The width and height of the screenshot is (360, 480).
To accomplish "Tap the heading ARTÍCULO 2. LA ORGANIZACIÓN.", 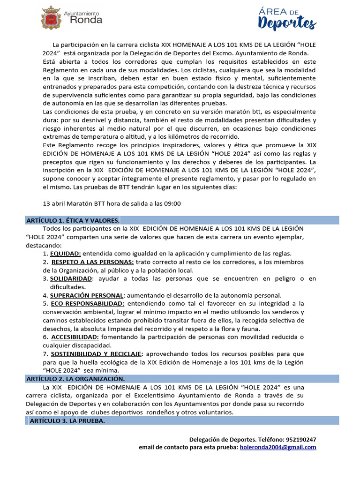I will pyautogui.click(x=75, y=379).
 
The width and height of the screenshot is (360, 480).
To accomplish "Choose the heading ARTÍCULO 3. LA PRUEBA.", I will pyautogui.click(x=67, y=421).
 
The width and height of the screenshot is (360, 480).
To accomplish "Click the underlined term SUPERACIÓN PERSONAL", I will pyautogui.click(x=87, y=295).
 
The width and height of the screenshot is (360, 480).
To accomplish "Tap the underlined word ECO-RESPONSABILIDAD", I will pyautogui.click(x=85, y=304).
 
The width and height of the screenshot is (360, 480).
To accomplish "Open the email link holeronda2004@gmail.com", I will pyautogui.click(x=278, y=447).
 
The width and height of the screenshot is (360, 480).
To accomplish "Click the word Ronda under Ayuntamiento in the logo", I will pyautogui.click(x=86, y=20).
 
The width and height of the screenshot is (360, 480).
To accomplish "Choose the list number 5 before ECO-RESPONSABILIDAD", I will pyautogui.click(x=45, y=304).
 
